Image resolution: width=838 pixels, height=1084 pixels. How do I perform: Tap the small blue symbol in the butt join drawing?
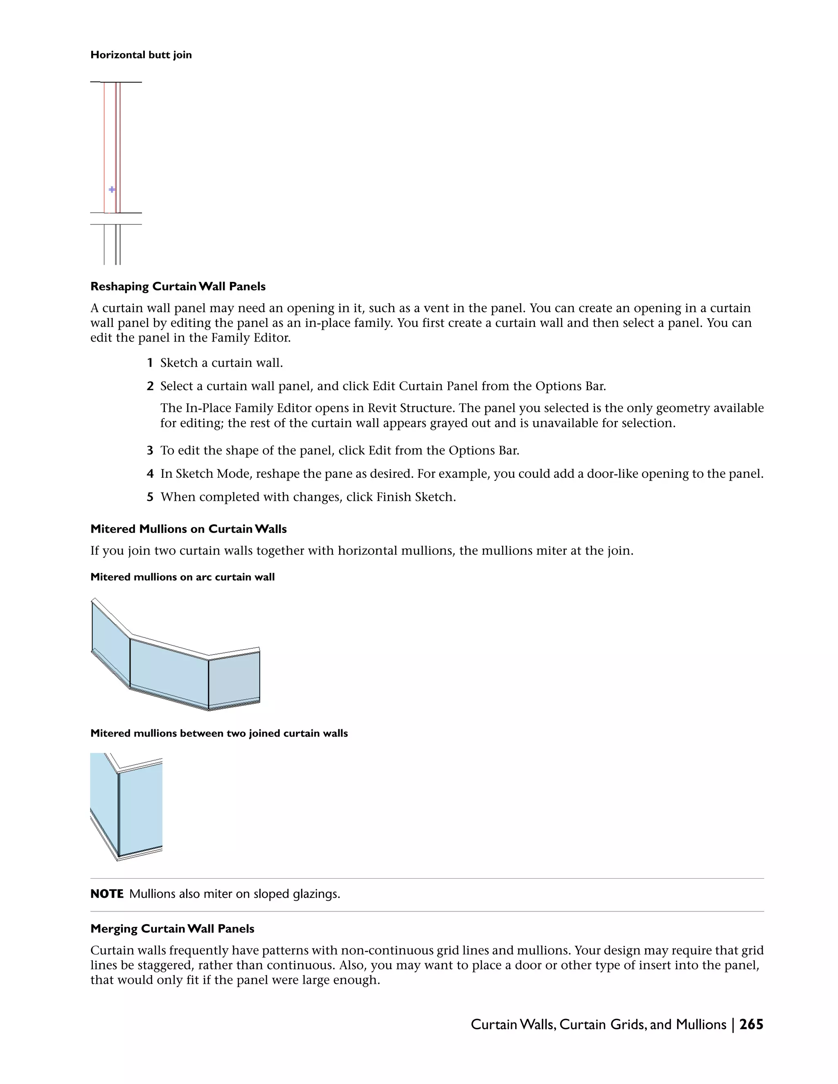112,190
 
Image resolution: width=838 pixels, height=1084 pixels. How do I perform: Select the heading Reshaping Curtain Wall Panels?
178,286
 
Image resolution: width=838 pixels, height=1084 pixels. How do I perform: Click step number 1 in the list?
150,363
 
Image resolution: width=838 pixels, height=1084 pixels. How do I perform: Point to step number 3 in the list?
150,451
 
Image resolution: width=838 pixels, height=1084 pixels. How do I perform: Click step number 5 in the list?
150,497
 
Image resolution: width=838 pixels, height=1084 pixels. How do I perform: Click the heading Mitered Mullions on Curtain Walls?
189,529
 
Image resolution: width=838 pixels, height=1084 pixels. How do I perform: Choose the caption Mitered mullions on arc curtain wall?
182,577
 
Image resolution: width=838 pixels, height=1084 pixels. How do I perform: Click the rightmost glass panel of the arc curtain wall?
234,679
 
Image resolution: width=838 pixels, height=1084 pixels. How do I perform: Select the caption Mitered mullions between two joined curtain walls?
219,733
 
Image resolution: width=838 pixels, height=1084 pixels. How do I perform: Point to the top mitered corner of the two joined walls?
118,770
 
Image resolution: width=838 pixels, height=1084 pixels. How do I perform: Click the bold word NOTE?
107,894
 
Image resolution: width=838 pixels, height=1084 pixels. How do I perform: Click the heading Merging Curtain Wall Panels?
172,929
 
